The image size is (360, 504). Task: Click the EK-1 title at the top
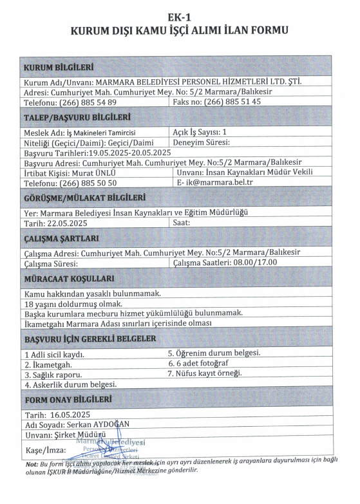[x=180, y=17]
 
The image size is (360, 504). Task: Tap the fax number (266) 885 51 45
[x=232, y=102]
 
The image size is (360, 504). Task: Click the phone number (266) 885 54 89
[x=88, y=102]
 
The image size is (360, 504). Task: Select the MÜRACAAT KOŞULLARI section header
[x=69, y=279]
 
